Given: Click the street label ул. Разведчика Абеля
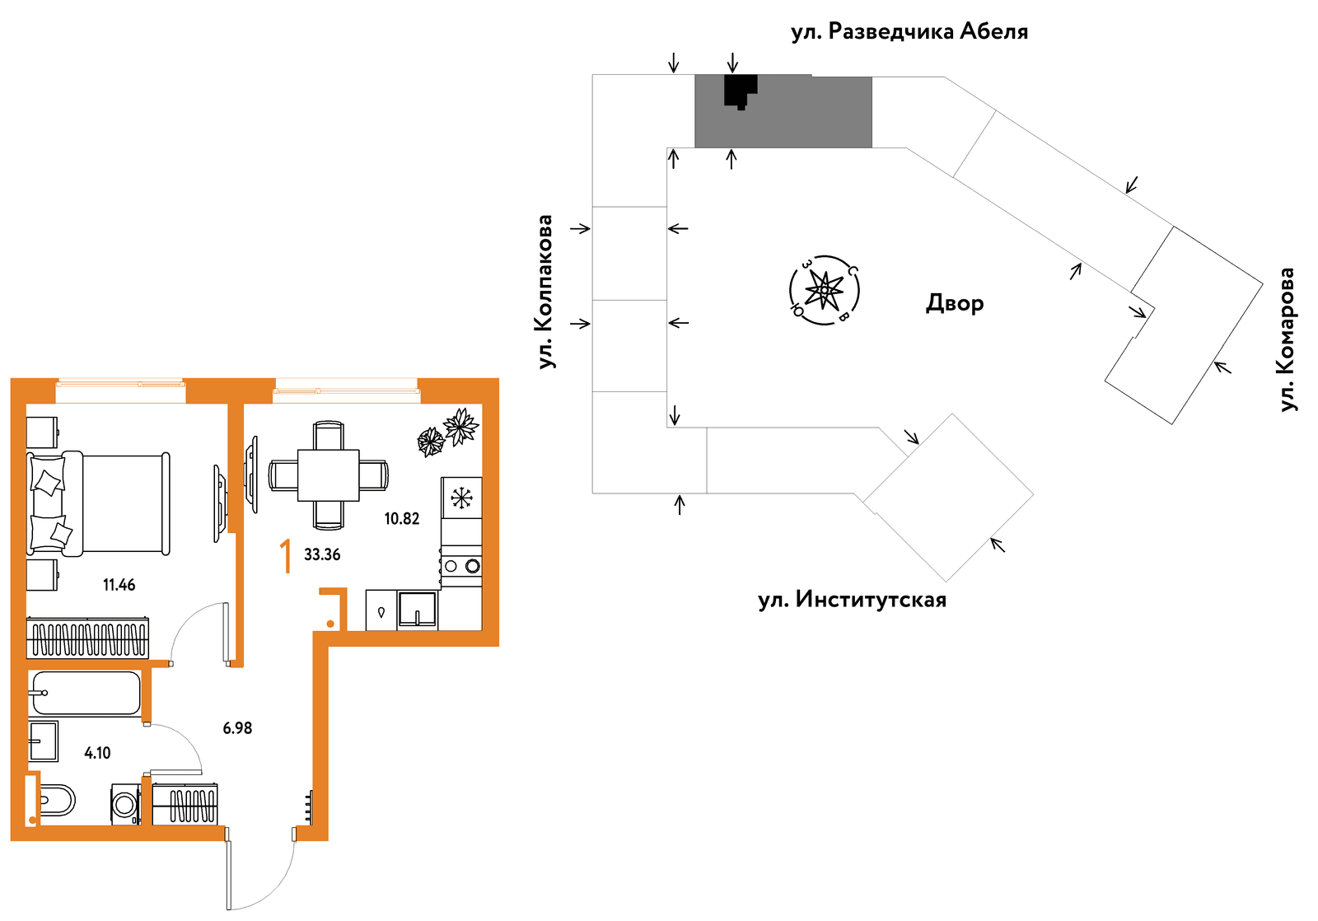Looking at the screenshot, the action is (909, 32).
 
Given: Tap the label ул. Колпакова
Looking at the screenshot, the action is (545, 292).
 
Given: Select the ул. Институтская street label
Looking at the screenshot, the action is (852, 600).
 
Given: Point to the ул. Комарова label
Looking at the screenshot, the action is (1288, 339).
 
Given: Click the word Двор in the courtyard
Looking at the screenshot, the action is (955, 303).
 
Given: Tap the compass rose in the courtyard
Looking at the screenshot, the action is (824, 290).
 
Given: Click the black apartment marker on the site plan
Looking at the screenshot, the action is (741, 91).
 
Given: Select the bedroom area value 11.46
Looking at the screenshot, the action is (119, 585).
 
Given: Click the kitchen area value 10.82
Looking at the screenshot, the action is (402, 518).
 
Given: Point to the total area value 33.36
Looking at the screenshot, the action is (322, 554).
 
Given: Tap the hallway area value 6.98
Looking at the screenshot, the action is (237, 728).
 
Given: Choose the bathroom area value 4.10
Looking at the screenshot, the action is (97, 753).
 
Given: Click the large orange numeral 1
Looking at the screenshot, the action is (286, 556).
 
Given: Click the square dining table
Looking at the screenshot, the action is (329, 475).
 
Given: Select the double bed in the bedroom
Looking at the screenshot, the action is (98, 503).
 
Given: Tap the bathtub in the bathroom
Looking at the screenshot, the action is (86, 694).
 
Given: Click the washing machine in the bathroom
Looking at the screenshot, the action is (125, 804).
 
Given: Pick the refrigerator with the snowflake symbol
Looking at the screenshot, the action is (461, 498).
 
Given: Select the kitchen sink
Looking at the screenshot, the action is (417, 609).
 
